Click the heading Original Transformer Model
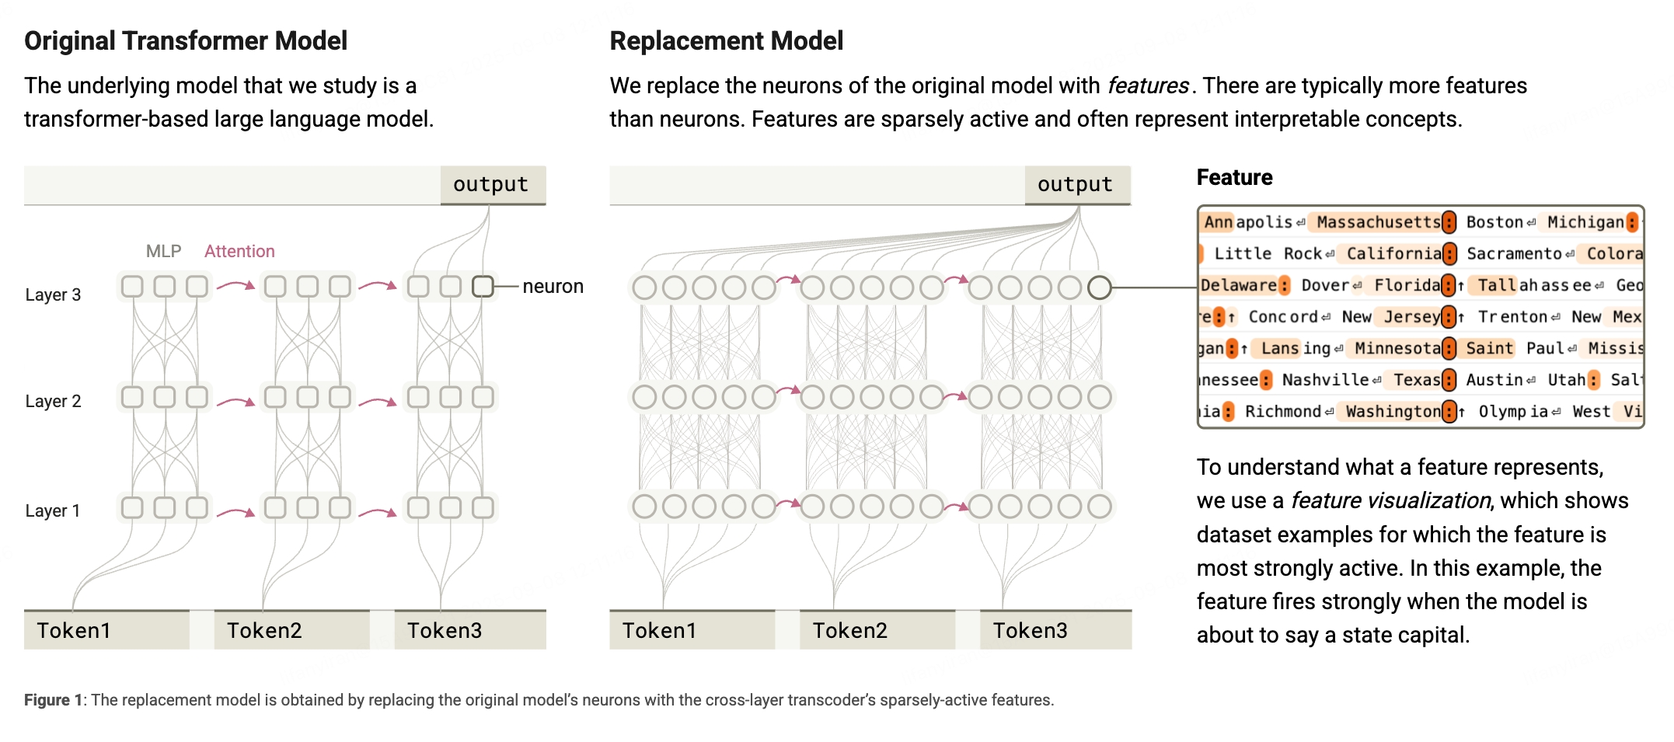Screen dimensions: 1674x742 pos(186,40)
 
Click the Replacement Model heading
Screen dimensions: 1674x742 pos(727,40)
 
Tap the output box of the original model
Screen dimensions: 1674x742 pos(493,185)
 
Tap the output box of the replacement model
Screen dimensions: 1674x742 pos(1077,185)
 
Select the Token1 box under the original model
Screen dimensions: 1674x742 pos(106,630)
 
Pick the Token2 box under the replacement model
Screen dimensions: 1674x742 pos(877,630)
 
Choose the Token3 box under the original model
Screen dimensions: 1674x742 pos(470,630)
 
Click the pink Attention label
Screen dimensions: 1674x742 pos(239,251)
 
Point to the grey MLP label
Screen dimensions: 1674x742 pos(163,251)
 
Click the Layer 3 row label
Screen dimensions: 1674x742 pos(53,294)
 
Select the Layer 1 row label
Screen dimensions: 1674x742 pos(53,510)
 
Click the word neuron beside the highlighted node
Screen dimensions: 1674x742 pos(553,287)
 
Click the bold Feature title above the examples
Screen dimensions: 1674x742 pos(1234,177)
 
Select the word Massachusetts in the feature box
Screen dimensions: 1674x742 pos(1379,222)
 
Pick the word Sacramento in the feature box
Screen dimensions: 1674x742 pos(1514,253)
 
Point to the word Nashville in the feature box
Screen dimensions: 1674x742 pos(1325,380)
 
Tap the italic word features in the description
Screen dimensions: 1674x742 pos(1148,85)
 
